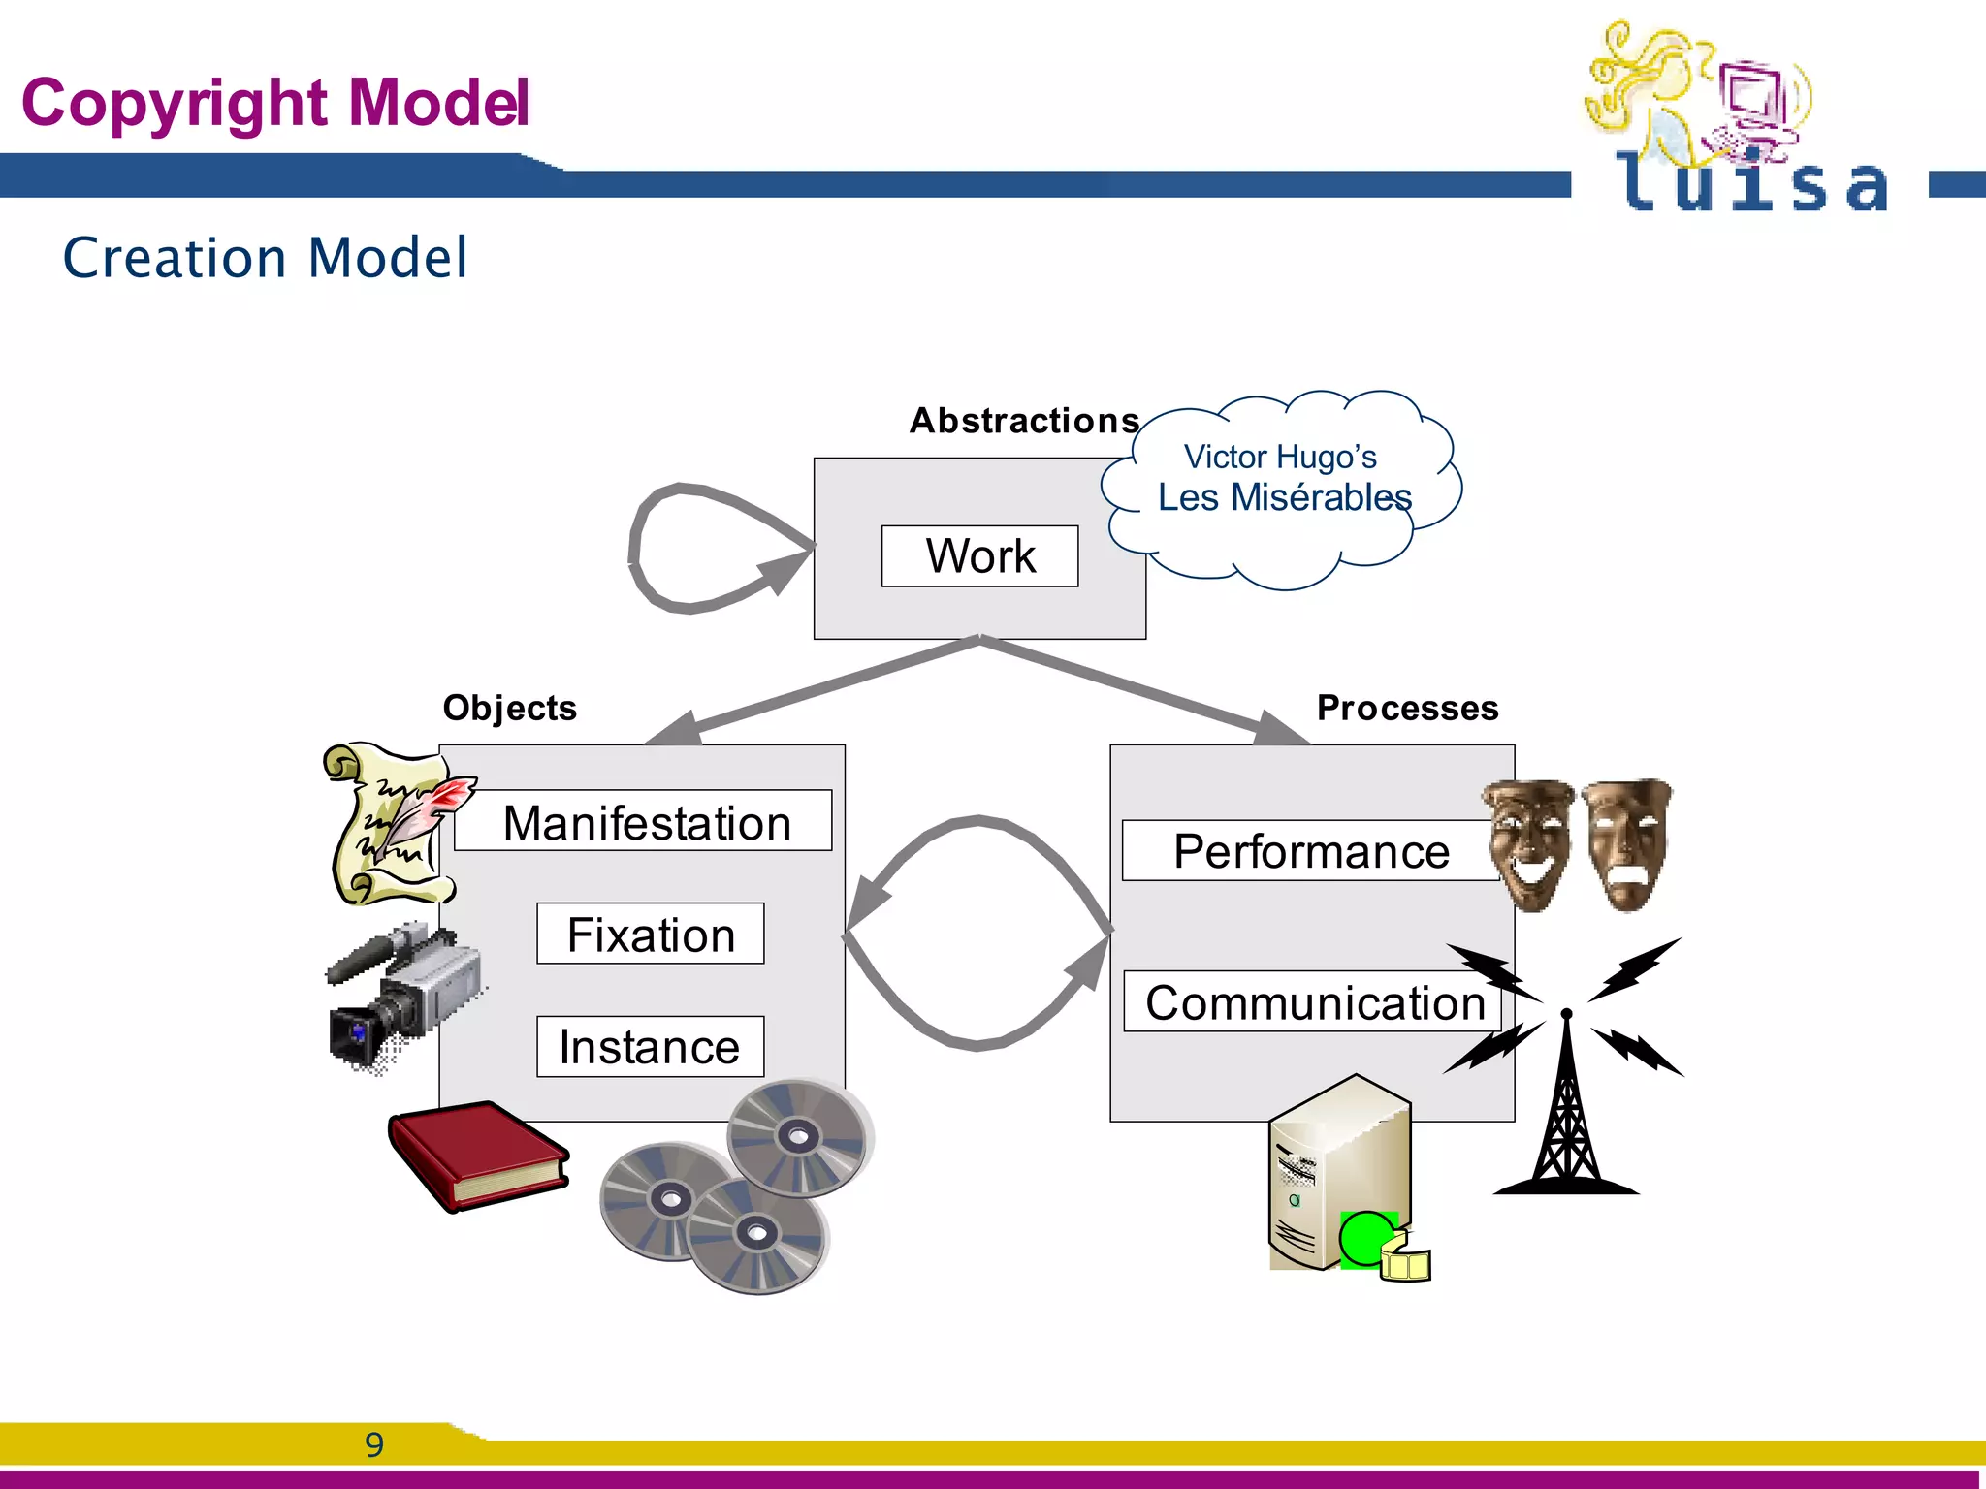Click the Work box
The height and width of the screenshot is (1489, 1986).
click(x=979, y=556)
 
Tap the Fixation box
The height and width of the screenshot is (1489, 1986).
click(x=650, y=934)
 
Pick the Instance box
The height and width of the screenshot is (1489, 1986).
click(x=650, y=1046)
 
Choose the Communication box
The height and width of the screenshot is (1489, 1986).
click(x=1313, y=1001)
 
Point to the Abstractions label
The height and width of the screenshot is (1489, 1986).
click(x=1024, y=421)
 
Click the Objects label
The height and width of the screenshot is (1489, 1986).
click(x=509, y=708)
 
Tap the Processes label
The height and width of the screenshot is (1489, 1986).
click(x=1406, y=708)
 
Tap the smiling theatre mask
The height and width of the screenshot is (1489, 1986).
click(x=1528, y=843)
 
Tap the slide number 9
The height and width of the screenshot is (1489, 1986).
click(x=374, y=1444)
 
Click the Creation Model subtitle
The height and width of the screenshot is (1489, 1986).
click(x=265, y=258)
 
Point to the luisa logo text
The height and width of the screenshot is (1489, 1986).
click(x=1750, y=184)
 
